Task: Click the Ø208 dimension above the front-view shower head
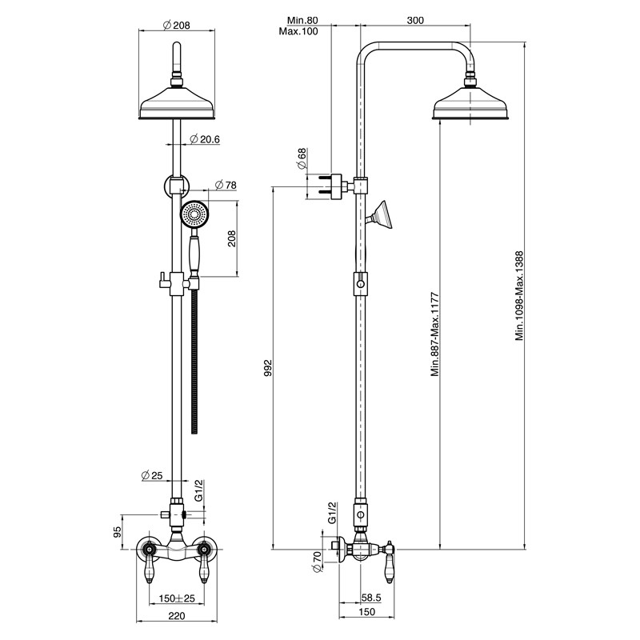[176, 26]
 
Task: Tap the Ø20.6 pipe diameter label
[205, 139]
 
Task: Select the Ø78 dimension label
[226, 185]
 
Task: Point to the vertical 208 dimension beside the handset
[232, 238]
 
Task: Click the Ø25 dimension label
[152, 475]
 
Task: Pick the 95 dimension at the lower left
[118, 531]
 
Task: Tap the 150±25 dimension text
[177, 598]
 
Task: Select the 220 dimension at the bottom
[176, 616]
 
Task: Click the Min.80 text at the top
[302, 20]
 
